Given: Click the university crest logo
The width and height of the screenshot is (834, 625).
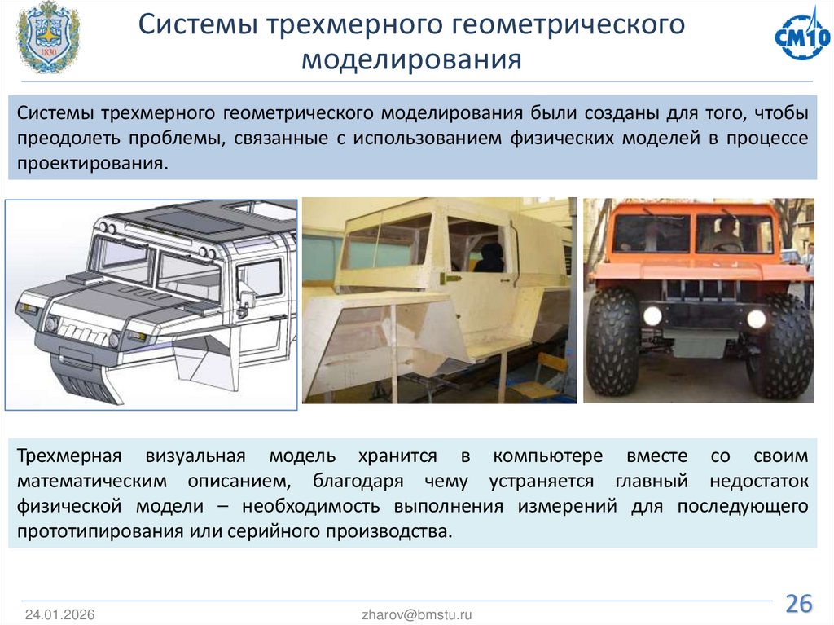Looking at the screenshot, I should (48, 39).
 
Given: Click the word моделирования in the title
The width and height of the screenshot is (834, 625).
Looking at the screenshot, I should (411, 61).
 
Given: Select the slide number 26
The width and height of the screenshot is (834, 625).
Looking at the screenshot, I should (798, 604).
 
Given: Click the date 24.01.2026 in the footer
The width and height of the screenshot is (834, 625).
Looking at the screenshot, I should (59, 614).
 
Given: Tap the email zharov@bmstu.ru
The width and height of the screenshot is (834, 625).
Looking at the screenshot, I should (417, 614).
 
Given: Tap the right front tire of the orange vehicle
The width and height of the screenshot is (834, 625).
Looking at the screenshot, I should (782, 346).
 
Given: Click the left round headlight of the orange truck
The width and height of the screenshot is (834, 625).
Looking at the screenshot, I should (652, 316).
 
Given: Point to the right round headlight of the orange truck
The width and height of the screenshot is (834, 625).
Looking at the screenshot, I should (757, 319).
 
